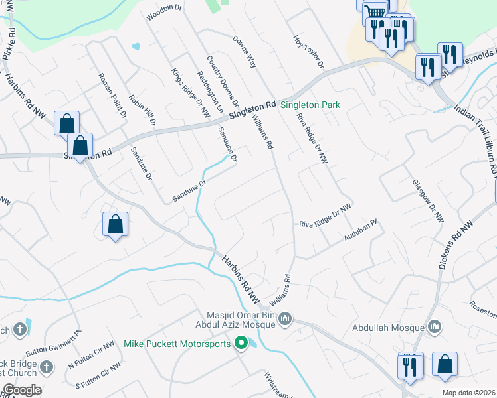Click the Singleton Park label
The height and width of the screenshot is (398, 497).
tap(310, 105)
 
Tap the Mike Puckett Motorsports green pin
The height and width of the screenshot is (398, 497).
tap(241, 343)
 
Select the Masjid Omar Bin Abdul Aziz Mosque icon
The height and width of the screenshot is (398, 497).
tap(285, 319)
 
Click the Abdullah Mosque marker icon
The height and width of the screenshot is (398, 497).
tap(435, 326)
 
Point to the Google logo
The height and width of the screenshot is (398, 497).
tap(21, 390)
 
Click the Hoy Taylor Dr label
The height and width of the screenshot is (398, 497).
tap(308, 52)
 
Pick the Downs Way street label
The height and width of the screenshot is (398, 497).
tap(245, 52)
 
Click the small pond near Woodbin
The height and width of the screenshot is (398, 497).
tap(136, 46)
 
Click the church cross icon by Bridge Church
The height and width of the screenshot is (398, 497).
tap(46, 367)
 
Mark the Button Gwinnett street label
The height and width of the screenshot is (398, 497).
tap(53, 343)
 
